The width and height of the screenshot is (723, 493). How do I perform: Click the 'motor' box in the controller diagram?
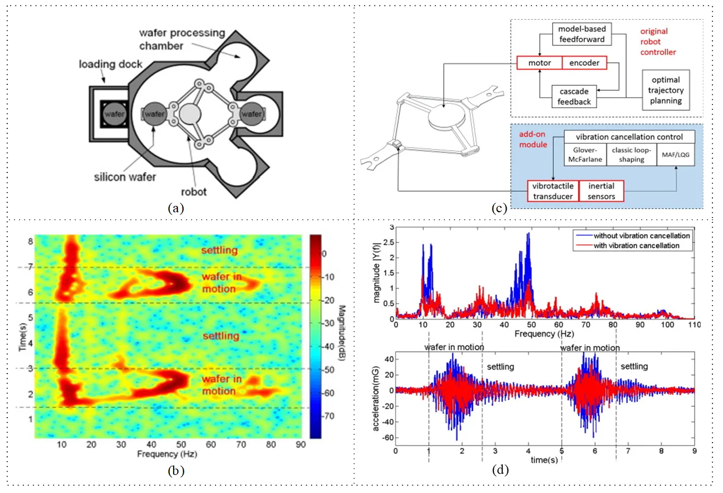539,63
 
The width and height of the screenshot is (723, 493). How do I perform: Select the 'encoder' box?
584,63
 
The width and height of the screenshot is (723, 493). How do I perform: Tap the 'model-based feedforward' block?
581,34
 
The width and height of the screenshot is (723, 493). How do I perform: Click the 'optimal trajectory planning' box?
666,90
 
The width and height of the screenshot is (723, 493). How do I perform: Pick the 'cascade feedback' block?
574,97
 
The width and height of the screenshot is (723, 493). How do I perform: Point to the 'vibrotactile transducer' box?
553,191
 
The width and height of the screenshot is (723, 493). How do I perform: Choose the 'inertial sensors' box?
601,191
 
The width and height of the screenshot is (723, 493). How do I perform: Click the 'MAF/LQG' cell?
675,155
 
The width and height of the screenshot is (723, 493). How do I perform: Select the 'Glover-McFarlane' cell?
585,155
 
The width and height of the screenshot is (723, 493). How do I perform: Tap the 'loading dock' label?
110,64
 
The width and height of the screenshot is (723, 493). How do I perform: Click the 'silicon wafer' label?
125,177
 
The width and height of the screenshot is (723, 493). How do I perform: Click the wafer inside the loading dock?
114,114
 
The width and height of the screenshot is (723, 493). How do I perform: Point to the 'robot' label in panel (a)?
193,192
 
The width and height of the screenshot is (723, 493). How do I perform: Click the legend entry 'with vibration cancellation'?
636,246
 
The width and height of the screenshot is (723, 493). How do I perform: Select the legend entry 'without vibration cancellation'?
641,236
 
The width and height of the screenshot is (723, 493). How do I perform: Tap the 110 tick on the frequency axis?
694,325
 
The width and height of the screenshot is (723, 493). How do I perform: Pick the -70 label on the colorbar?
329,416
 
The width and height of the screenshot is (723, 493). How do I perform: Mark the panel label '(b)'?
176,470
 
